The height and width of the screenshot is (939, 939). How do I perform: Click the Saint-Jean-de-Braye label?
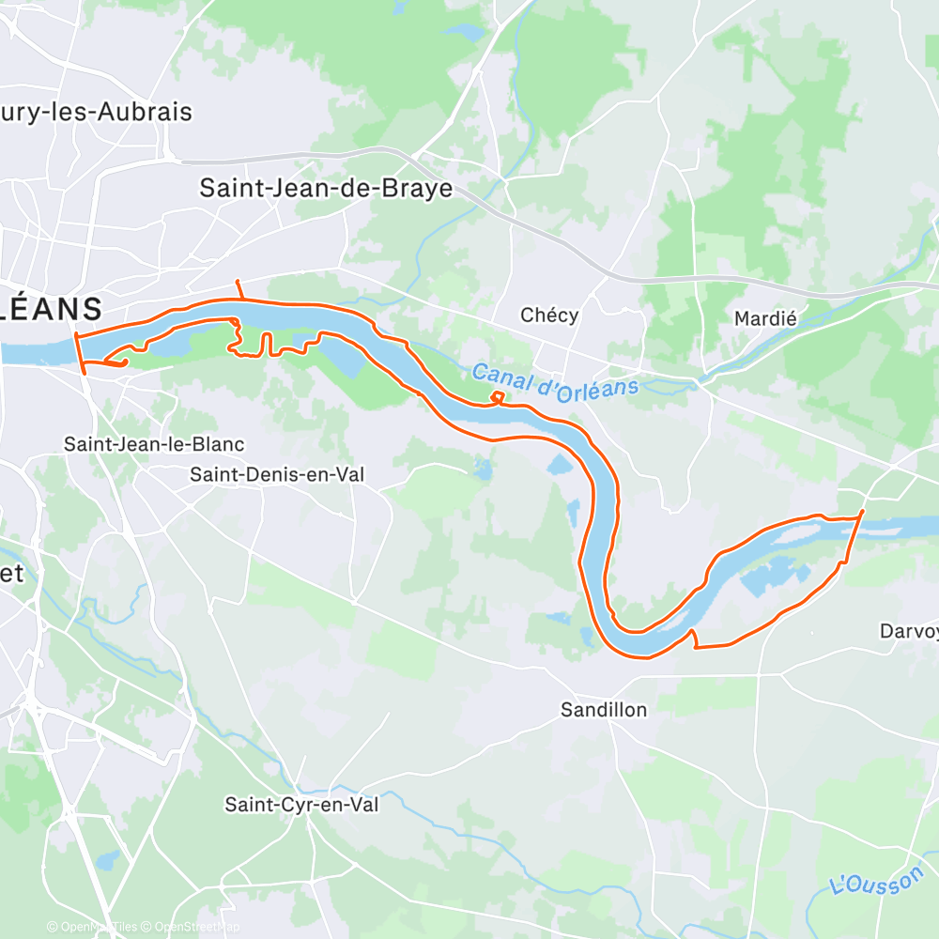pyautogui.click(x=326, y=188)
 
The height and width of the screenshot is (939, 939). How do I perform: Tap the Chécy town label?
pyautogui.click(x=549, y=316)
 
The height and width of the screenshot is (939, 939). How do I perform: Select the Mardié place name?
pyautogui.click(x=765, y=318)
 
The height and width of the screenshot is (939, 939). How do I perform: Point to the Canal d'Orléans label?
pyautogui.click(x=554, y=379)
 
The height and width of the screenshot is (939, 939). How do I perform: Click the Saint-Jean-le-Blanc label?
pyautogui.click(x=154, y=444)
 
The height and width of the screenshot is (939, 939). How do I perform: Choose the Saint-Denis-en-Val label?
pyautogui.click(x=277, y=475)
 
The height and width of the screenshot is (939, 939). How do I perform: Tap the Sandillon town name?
pyautogui.click(x=604, y=709)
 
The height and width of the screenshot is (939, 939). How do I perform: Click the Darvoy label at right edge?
pyautogui.click(x=908, y=631)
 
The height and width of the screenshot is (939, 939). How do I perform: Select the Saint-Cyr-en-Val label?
pyautogui.click(x=301, y=805)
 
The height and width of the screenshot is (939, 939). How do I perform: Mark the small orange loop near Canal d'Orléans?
pyautogui.click(x=497, y=398)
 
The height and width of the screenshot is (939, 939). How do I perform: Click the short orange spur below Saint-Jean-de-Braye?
pyautogui.click(x=239, y=288)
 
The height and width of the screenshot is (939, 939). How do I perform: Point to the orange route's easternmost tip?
pyautogui.click(x=863, y=511)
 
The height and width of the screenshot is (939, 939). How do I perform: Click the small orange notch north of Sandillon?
pyautogui.click(x=694, y=638)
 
